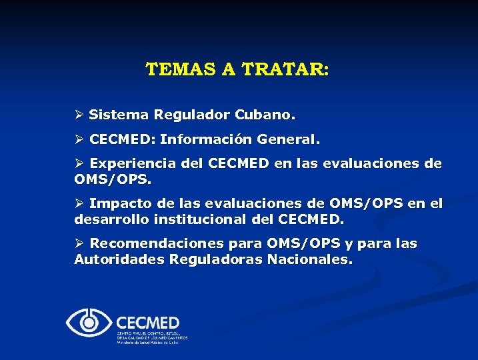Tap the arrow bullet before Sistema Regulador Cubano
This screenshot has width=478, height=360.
coord(79,115)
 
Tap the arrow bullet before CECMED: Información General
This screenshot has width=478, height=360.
coord(79,141)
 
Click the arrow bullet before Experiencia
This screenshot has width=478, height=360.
coord(79,164)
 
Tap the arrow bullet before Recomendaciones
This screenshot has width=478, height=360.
coord(79,244)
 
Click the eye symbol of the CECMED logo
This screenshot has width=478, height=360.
coord(89,323)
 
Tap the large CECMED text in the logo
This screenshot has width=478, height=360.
coord(148,321)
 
